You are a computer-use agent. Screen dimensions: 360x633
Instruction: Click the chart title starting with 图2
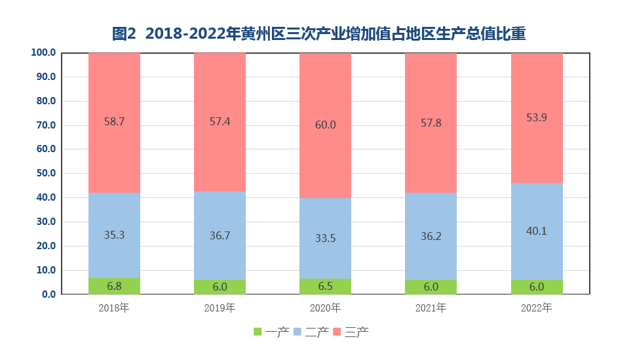318,33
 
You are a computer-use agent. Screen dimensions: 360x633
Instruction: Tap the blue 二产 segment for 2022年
537,216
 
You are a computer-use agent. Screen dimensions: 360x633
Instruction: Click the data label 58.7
115,121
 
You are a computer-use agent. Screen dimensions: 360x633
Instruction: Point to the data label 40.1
537,230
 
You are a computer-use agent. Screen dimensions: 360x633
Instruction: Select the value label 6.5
326,287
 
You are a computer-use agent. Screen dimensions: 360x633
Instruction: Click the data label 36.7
220,235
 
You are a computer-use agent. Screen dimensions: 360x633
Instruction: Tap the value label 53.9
537,117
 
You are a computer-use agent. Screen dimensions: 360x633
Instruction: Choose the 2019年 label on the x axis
220,308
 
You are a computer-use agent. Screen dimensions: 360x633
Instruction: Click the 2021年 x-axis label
431,308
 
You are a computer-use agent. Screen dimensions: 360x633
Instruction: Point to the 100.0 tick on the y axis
43,52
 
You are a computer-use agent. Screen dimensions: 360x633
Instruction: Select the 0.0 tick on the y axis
48,294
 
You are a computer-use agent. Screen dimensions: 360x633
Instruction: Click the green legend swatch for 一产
258,332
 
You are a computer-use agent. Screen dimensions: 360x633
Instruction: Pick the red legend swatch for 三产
337,332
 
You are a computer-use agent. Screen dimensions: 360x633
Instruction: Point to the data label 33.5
326,238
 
